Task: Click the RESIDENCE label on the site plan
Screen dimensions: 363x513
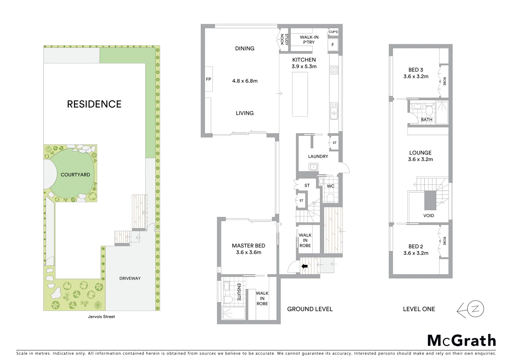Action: pos(94,104)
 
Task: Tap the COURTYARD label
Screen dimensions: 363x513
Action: pos(75,175)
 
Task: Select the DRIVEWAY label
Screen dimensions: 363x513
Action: pos(130,278)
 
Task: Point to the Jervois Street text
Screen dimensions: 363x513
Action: pos(101,317)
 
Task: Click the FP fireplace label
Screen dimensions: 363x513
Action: pos(208,79)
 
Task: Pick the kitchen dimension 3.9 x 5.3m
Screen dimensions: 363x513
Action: pos(304,67)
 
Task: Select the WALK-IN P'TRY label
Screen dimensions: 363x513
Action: pos(309,40)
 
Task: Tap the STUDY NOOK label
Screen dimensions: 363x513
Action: pos(284,39)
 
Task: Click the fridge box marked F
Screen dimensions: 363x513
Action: pos(333,45)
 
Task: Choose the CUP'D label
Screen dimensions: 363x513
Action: pos(333,32)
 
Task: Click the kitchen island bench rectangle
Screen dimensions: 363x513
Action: pos(300,94)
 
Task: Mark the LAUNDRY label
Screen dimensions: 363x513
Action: pos(318,156)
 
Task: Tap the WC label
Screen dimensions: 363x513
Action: pos(330,186)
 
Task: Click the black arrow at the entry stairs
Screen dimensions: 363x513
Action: pos(305,266)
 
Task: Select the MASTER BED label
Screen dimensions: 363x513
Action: pos(248,246)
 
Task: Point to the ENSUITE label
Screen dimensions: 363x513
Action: pos(239,292)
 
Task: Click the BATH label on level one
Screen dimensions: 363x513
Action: pos(426,119)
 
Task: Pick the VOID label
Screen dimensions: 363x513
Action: pos(428,215)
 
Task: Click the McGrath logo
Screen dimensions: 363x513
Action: pos(461,340)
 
